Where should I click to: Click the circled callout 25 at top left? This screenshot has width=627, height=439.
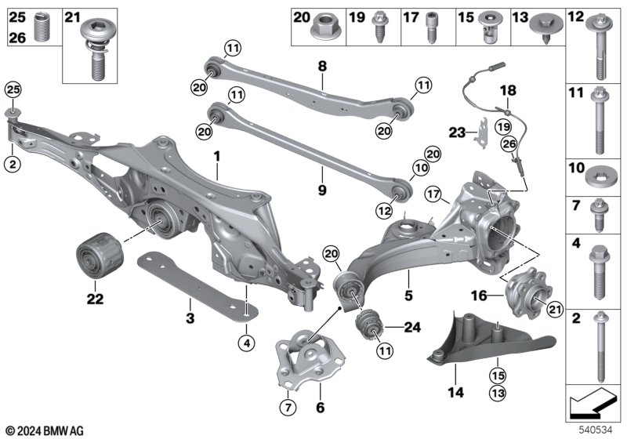click(13, 90)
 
